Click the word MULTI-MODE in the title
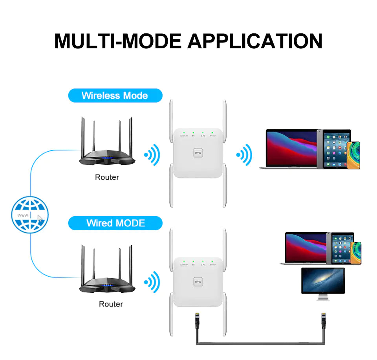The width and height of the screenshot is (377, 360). [x=117, y=41]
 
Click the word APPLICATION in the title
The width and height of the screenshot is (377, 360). [x=255, y=41]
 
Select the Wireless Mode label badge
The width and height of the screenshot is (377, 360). [x=115, y=96]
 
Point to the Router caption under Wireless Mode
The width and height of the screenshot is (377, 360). [x=107, y=177]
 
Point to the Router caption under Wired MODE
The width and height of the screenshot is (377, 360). [x=111, y=304]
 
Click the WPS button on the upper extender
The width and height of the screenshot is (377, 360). [x=198, y=152]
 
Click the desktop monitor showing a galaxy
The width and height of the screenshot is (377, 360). [x=323, y=281]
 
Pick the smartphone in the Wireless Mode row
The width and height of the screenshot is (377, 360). [x=353, y=156]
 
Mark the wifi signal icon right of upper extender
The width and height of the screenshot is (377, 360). [x=244, y=154]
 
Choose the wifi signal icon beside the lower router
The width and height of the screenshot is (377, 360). [x=152, y=281]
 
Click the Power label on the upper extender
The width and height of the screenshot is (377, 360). [x=213, y=136]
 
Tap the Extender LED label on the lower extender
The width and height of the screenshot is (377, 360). [x=184, y=265]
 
